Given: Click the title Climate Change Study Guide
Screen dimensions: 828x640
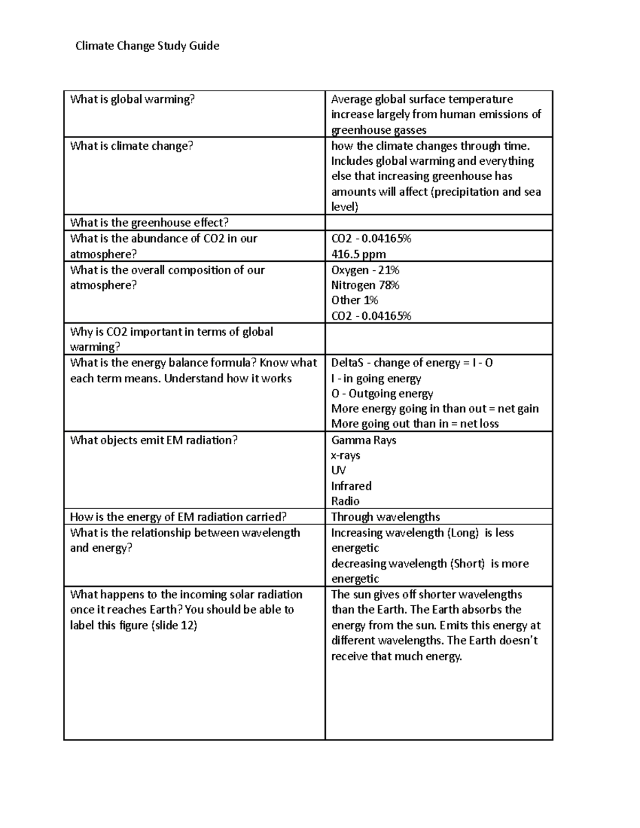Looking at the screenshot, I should click(147, 46).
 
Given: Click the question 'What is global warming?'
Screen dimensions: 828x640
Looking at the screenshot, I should click(132, 99).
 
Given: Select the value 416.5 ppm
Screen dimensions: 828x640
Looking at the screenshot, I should click(358, 254).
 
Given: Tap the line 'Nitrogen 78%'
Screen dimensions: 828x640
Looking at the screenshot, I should click(365, 285).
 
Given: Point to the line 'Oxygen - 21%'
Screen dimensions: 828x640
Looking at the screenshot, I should click(365, 270).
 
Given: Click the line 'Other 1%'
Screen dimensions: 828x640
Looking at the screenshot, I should click(354, 300).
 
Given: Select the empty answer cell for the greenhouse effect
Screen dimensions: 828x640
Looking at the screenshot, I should click(438, 223).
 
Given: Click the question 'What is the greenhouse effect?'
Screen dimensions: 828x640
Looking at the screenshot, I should click(149, 223).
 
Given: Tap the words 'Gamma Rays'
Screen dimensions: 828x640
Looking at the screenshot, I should click(363, 440).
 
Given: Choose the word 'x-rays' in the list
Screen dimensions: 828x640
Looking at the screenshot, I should click(346, 456).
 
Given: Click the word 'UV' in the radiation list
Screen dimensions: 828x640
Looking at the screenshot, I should click(338, 470).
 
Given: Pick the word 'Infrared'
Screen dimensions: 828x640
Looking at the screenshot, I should click(351, 486).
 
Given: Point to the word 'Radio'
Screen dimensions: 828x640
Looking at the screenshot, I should click(345, 501).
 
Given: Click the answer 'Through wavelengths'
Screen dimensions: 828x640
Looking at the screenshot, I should click(385, 517).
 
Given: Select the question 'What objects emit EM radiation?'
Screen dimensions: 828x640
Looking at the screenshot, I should click(154, 440).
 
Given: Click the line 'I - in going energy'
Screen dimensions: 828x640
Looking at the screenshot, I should click(376, 379).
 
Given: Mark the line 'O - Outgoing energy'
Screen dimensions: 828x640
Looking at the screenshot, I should click(382, 394).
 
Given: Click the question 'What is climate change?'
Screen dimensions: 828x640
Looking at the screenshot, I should click(131, 146).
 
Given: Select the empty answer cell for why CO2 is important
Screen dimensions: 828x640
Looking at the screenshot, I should click(438, 339).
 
